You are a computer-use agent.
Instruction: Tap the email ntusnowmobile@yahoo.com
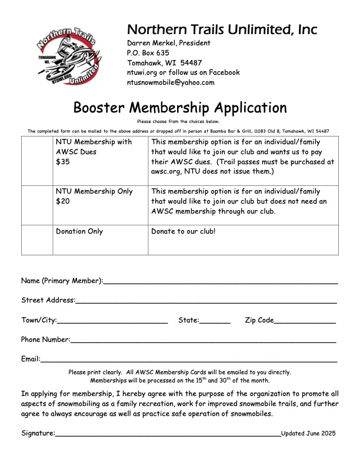(x=171, y=82)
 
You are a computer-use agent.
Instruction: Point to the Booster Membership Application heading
(x=180, y=108)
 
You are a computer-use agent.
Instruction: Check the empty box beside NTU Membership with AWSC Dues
(x=37, y=161)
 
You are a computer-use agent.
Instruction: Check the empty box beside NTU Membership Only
(x=37, y=205)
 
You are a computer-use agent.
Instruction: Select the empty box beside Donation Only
(x=37, y=240)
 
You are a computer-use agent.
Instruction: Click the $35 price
(x=62, y=162)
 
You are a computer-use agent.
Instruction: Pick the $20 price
(x=62, y=201)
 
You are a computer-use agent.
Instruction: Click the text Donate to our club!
(x=184, y=231)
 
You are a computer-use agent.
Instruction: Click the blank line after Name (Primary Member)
(x=221, y=282)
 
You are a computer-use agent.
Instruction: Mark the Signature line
(x=168, y=435)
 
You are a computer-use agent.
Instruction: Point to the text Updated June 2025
(x=308, y=433)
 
